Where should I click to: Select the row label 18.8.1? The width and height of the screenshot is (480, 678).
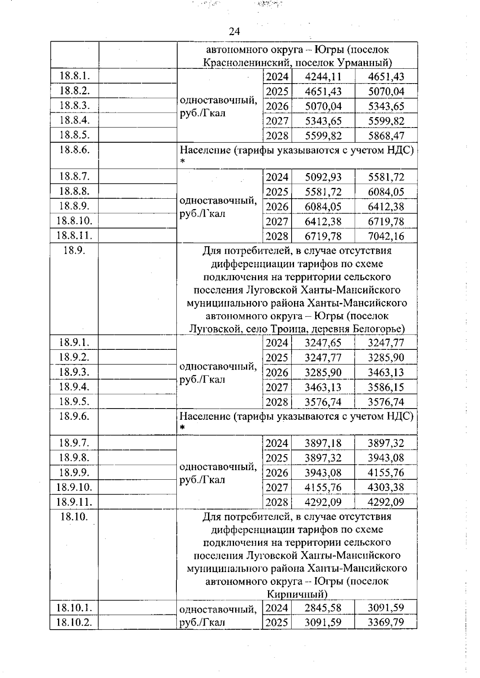click(74, 76)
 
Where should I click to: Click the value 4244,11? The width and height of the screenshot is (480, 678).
click(323, 77)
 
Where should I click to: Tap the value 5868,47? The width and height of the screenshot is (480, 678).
click(386, 136)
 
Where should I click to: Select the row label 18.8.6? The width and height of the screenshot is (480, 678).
click(74, 150)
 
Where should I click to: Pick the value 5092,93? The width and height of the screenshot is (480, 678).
click(323, 177)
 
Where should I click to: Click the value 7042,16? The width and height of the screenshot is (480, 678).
click(386, 236)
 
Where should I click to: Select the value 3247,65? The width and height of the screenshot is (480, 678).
click(323, 343)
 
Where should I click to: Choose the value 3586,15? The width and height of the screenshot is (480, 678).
click(386, 387)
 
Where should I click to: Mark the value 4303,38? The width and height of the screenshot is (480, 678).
click(386, 488)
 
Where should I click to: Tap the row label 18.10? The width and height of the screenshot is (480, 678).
click(74, 516)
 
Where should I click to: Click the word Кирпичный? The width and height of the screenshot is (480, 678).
click(297, 594)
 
